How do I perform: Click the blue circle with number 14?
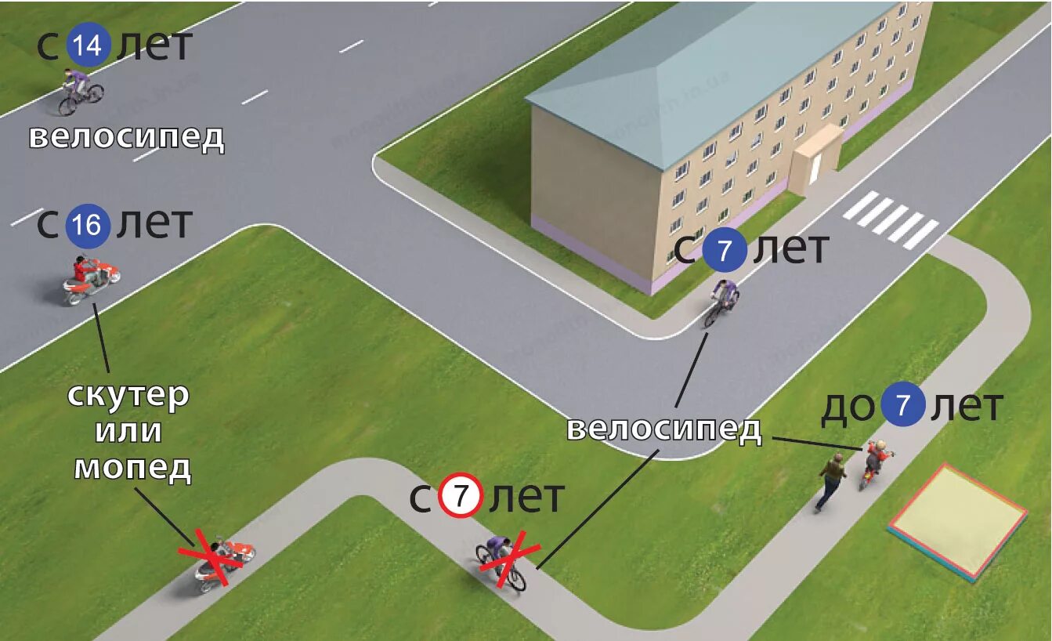88,46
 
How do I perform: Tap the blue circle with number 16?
88,226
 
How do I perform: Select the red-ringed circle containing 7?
461,497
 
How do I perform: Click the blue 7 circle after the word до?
903,406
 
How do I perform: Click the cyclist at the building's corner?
721,301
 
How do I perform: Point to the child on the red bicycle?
875,462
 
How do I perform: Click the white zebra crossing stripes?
891,215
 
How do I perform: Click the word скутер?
128,395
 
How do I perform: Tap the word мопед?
132,468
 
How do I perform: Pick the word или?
128,432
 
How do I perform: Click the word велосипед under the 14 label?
127,138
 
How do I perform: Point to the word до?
848,408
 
